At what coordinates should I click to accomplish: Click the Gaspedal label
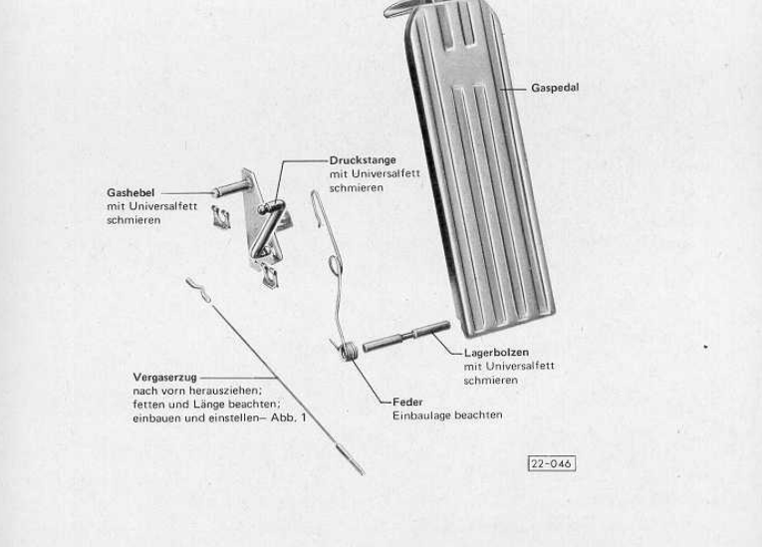point(555,88)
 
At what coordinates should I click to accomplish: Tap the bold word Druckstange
point(363,160)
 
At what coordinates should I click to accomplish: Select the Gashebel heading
point(130,192)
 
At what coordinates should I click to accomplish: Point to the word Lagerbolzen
point(496,353)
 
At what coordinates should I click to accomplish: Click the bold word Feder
point(407,403)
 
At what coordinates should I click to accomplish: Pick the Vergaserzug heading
point(164,378)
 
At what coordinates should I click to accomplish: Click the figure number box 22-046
point(552,463)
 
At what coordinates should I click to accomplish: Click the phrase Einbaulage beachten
point(447,415)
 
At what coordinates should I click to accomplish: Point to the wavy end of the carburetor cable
point(199,290)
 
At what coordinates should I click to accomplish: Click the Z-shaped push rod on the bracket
point(268,227)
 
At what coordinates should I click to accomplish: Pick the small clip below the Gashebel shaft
point(220,217)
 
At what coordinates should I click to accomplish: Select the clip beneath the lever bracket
point(270,277)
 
